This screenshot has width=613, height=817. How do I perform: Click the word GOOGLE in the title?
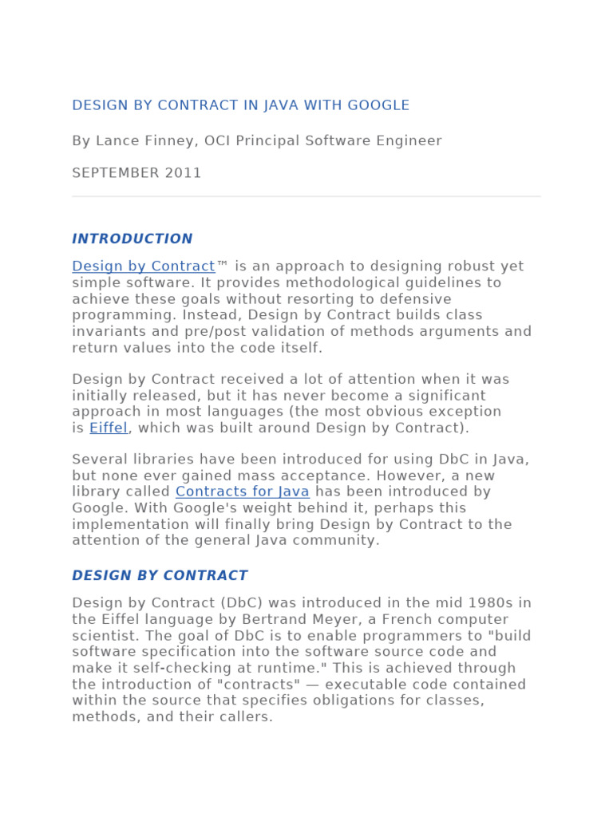tap(381, 105)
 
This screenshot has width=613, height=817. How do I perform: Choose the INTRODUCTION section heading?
tap(132, 239)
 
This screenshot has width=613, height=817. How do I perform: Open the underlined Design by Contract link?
tap(144, 266)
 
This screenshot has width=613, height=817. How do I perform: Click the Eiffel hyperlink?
tap(109, 428)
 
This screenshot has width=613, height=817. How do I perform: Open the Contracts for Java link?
tap(243, 491)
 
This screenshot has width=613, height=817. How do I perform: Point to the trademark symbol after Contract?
tap(223, 266)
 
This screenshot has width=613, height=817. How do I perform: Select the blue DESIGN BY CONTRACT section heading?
tap(160, 575)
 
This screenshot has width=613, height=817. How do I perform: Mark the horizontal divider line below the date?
tap(306, 196)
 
